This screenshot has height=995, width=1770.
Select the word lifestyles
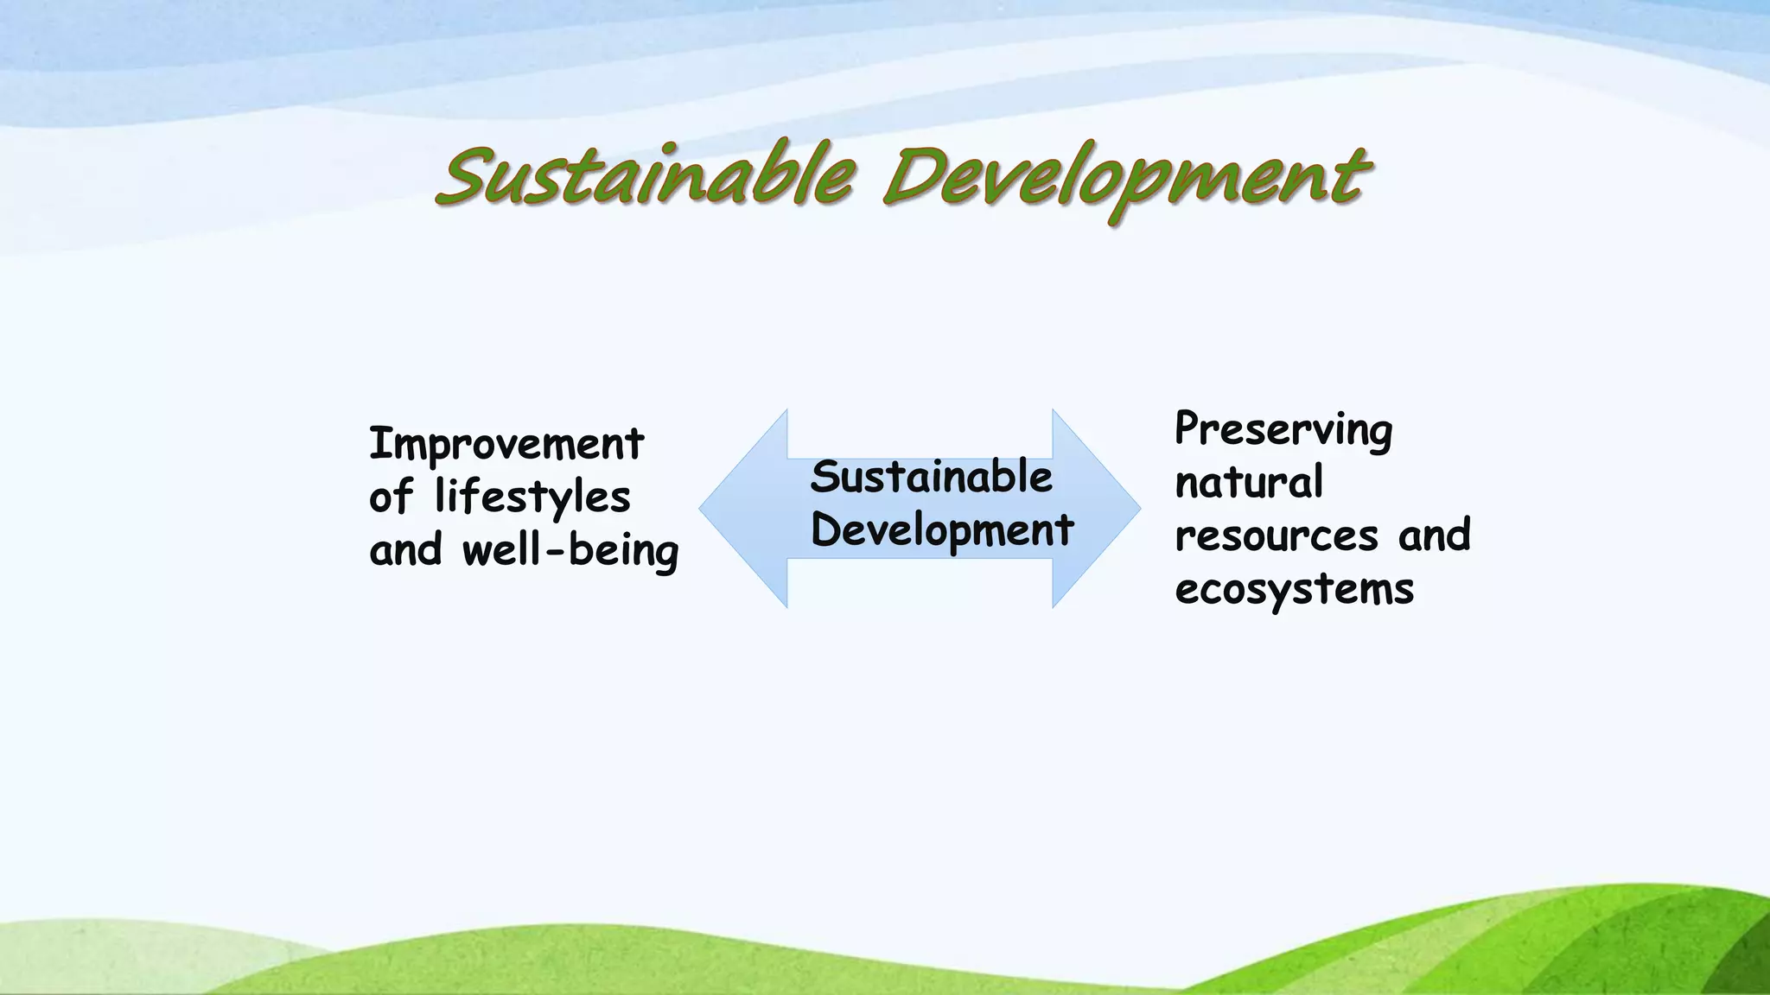click(532, 497)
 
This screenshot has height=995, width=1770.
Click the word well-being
click(570, 551)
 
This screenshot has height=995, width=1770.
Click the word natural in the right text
click(1249, 482)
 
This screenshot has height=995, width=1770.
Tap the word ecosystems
click(1294, 590)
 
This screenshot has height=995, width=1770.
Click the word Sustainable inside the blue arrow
click(931, 478)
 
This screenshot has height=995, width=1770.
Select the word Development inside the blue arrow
click(941, 530)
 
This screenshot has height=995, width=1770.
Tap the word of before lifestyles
click(392, 497)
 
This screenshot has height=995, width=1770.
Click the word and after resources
click(1434, 536)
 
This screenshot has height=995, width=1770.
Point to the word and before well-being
click(405, 551)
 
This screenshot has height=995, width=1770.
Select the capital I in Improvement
click(378, 444)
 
